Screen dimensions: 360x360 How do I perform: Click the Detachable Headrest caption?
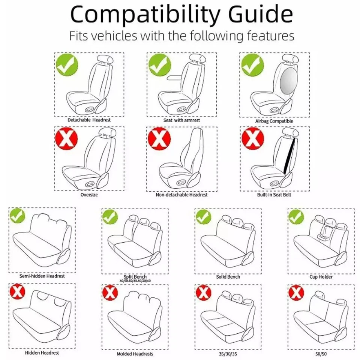click(x=89, y=120)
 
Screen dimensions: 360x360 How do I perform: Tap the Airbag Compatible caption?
click(x=274, y=121)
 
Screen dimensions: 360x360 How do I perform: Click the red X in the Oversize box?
click(x=67, y=138)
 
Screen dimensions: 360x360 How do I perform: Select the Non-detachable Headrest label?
click(x=181, y=195)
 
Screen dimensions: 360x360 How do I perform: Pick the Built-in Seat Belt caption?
click(x=274, y=195)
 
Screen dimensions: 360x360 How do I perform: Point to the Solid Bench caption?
click(x=228, y=277)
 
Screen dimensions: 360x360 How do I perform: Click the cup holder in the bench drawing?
click(x=322, y=237)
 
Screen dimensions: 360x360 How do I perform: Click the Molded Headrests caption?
click(x=135, y=354)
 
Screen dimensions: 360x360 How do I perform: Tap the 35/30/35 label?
click(x=228, y=353)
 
